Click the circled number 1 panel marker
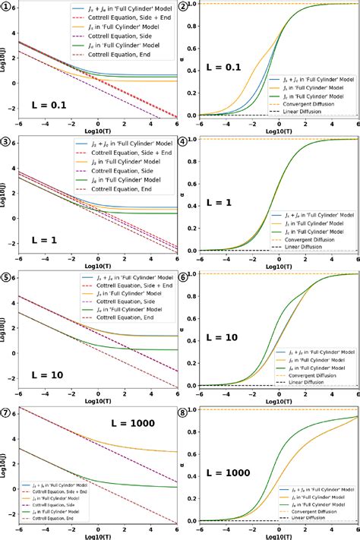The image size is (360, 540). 7,7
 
